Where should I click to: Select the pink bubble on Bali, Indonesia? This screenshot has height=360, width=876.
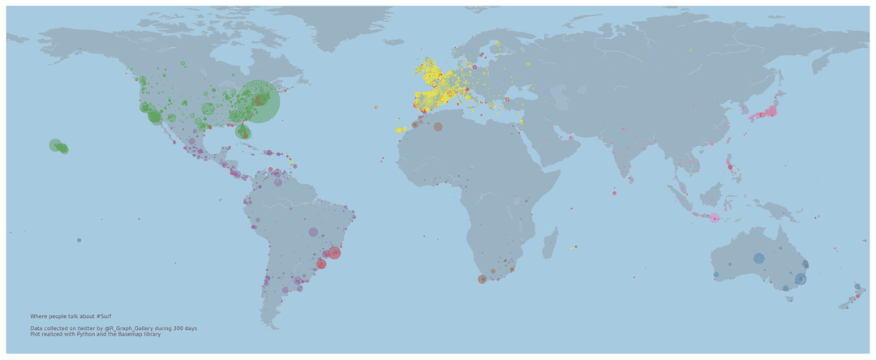[715, 218]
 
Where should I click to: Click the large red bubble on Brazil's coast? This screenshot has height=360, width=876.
[334, 253]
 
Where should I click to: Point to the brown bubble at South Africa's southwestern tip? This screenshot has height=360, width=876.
[483, 279]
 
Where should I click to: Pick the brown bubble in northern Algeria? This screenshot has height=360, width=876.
[438, 126]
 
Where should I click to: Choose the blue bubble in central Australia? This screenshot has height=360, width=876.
[758, 259]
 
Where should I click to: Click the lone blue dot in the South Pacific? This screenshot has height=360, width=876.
[79, 240]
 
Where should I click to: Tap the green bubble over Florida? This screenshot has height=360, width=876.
[243, 132]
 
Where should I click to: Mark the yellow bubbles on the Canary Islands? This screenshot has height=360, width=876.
[400, 130]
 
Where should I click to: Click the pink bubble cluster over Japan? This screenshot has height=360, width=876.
[769, 112]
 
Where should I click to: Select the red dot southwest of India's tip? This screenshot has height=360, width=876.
[614, 193]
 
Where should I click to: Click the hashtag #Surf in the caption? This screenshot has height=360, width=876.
[103, 316]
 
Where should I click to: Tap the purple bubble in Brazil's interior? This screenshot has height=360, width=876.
[313, 232]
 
